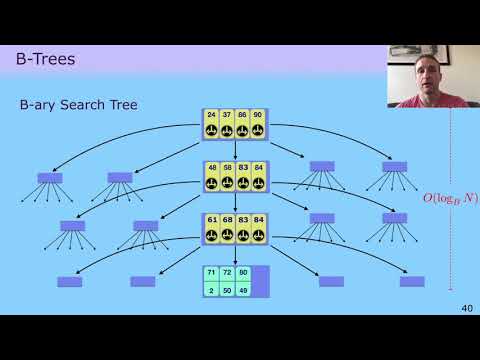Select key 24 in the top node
211,115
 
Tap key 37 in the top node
227,115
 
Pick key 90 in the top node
258,115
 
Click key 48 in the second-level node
211,167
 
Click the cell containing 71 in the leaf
211,273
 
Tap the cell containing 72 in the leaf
227,273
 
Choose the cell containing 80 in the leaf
243,273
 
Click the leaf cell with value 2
211,289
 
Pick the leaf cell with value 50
227,289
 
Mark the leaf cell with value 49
243,289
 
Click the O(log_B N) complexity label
450,198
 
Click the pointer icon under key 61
211,235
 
